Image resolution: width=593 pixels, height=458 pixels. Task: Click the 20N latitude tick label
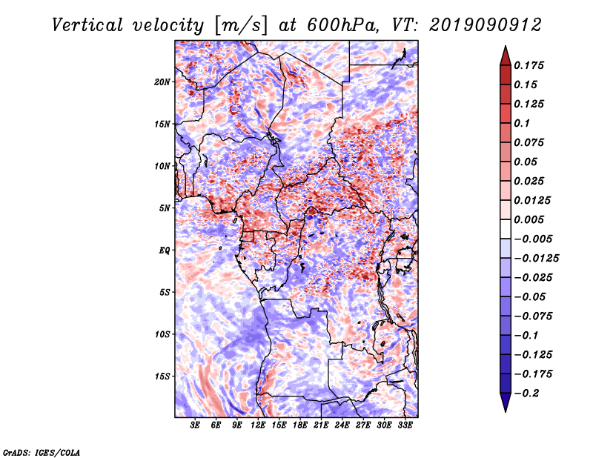click(x=162, y=82)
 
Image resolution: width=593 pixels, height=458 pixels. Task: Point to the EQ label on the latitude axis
click(x=165, y=250)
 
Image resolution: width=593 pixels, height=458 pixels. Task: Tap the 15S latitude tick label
click(x=162, y=376)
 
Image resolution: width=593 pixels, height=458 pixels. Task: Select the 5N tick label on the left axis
click(x=165, y=208)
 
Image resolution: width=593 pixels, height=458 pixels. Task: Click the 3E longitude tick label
click(x=195, y=425)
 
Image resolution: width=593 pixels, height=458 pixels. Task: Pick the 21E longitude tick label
click(x=321, y=425)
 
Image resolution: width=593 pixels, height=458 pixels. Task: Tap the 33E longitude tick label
click(x=405, y=425)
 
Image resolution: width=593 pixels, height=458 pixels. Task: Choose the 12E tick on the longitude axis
click(x=258, y=425)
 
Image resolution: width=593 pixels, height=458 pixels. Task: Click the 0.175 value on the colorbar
click(x=531, y=65)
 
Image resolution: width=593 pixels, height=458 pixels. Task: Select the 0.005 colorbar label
click(x=531, y=219)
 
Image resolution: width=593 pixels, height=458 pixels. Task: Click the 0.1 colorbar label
click(x=525, y=123)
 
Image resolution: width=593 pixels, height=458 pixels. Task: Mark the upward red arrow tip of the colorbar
click(x=504, y=48)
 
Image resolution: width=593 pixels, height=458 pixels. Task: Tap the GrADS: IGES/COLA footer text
click(x=41, y=451)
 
